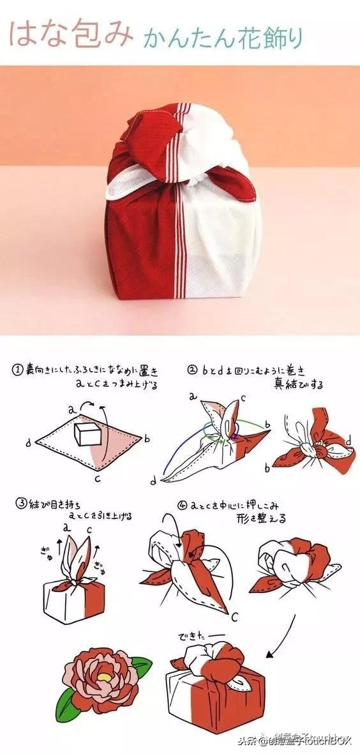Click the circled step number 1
(x=17, y=370)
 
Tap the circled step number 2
(x=192, y=370)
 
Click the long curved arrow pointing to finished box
(x=285, y=632)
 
